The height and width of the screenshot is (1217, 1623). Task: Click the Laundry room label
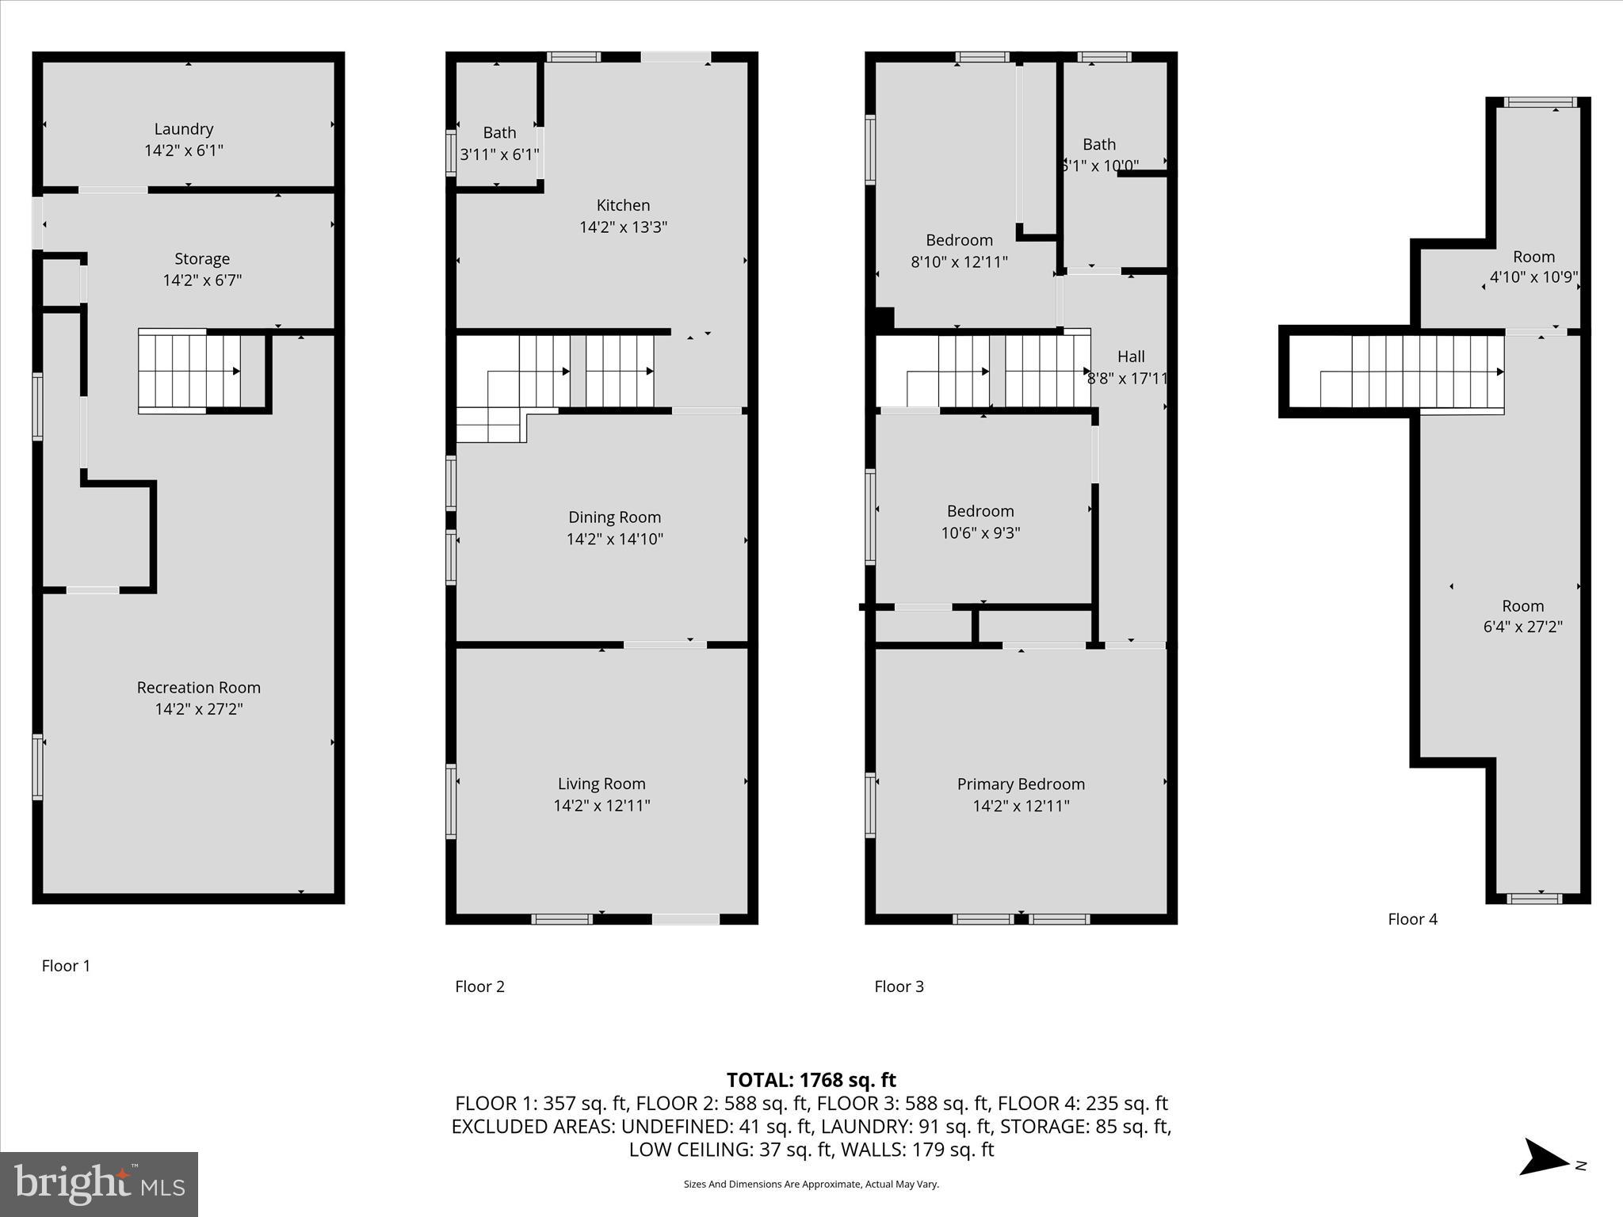point(184,129)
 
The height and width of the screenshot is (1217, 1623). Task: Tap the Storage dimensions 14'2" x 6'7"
point(202,280)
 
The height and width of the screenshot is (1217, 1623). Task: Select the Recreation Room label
point(198,688)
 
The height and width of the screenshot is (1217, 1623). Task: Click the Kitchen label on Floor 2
point(623,205)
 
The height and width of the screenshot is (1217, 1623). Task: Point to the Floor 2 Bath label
point(499,133)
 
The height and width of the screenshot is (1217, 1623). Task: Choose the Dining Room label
point(614,517)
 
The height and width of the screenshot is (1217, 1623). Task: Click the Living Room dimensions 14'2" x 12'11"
point(601,806)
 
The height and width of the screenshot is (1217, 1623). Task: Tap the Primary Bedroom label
point(1021,784)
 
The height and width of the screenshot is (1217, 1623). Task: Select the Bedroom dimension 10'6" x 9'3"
point(980,533)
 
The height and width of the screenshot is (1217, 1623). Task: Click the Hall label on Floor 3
point(1131,357)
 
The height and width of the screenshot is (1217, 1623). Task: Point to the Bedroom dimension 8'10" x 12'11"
point(959,261)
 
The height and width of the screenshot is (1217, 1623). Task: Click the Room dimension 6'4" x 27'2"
point(1522,627)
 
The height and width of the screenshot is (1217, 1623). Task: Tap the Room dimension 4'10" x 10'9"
point(1533,277)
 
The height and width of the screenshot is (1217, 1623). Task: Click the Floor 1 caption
point(66,966)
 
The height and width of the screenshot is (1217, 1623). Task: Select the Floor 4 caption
point(1412,919)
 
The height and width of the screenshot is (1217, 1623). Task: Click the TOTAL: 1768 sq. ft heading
point(811,1080)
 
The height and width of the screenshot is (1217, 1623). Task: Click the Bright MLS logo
point(99,1184)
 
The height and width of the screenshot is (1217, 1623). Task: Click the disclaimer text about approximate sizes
point(811,1185)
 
